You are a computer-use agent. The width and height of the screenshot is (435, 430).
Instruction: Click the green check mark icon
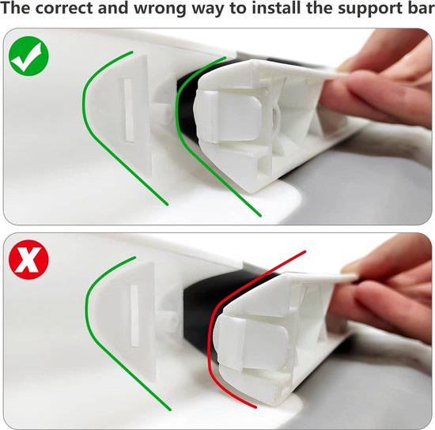(28, 56)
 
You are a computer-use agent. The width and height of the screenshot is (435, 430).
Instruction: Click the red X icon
(28, 259)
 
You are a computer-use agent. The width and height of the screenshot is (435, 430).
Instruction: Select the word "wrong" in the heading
(161, 9)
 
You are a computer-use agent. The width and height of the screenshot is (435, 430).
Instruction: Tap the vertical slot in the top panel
(128, 110)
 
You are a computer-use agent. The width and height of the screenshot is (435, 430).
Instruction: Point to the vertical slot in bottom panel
(134, 315)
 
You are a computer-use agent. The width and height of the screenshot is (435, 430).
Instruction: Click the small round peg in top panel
(165, 114)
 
